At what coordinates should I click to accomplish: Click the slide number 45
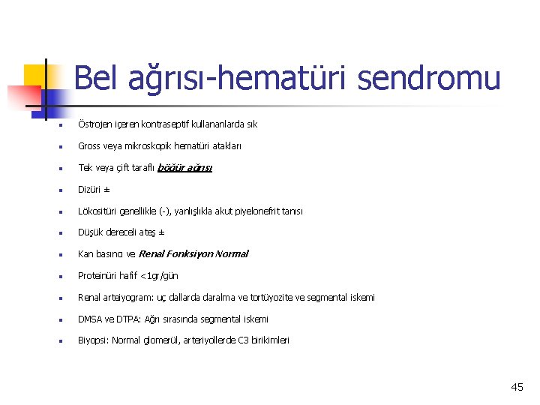tap(517, 387)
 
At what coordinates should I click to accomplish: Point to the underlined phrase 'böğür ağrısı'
tap(185, 168)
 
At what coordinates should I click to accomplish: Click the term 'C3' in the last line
tap(244, 340)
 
